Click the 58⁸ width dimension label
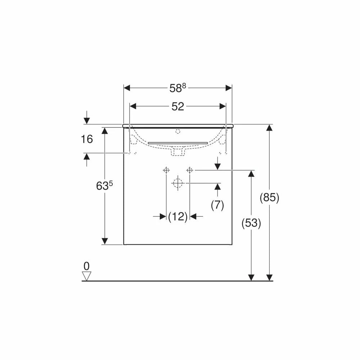click(x=178, y=88)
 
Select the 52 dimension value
click(x=178, y=107)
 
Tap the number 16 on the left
click(x=87, y=139)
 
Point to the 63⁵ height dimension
click(x=104, y=186)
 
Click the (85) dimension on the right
click(x=269, y=197)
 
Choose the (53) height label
click(x=251, y=223)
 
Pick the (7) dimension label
click(x=217, y=205)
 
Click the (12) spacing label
click(x=178, y=216)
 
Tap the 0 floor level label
click(x=86, y=266)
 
